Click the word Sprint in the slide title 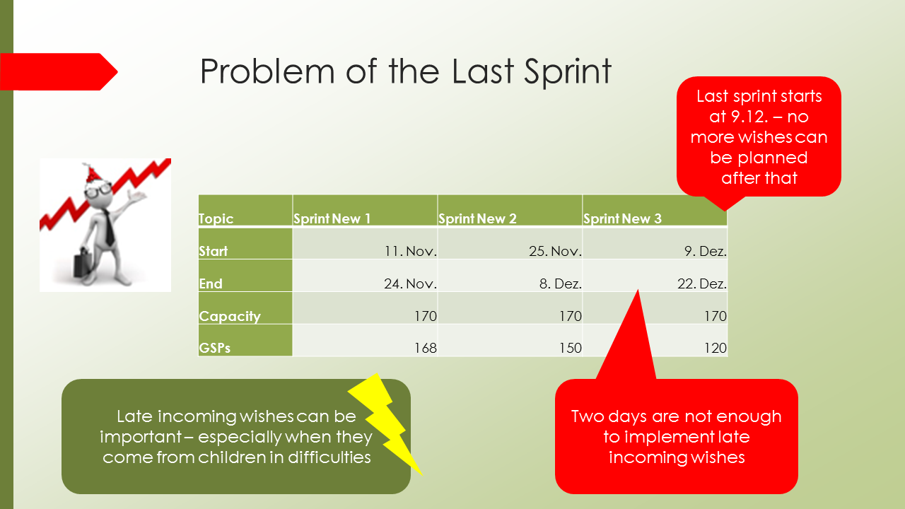(x=568, y=72)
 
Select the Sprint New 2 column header (x=510, y=210)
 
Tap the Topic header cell (x=245, y=210)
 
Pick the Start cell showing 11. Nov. (x=365, y=243)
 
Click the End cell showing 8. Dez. (x=510, y=276)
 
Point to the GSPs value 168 (x=426, y=348)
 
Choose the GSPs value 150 (x=571, y=348)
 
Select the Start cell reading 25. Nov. (x=510, y=243)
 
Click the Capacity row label (x=230, y=316)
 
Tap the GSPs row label (x=214, y=348)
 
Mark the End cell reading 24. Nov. (x=365, y=276)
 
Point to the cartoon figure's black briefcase (x=83, y=262)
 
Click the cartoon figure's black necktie (x=109, y=228)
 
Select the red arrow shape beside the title (x=59, y=71)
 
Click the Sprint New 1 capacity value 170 (x=426, y=316)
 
